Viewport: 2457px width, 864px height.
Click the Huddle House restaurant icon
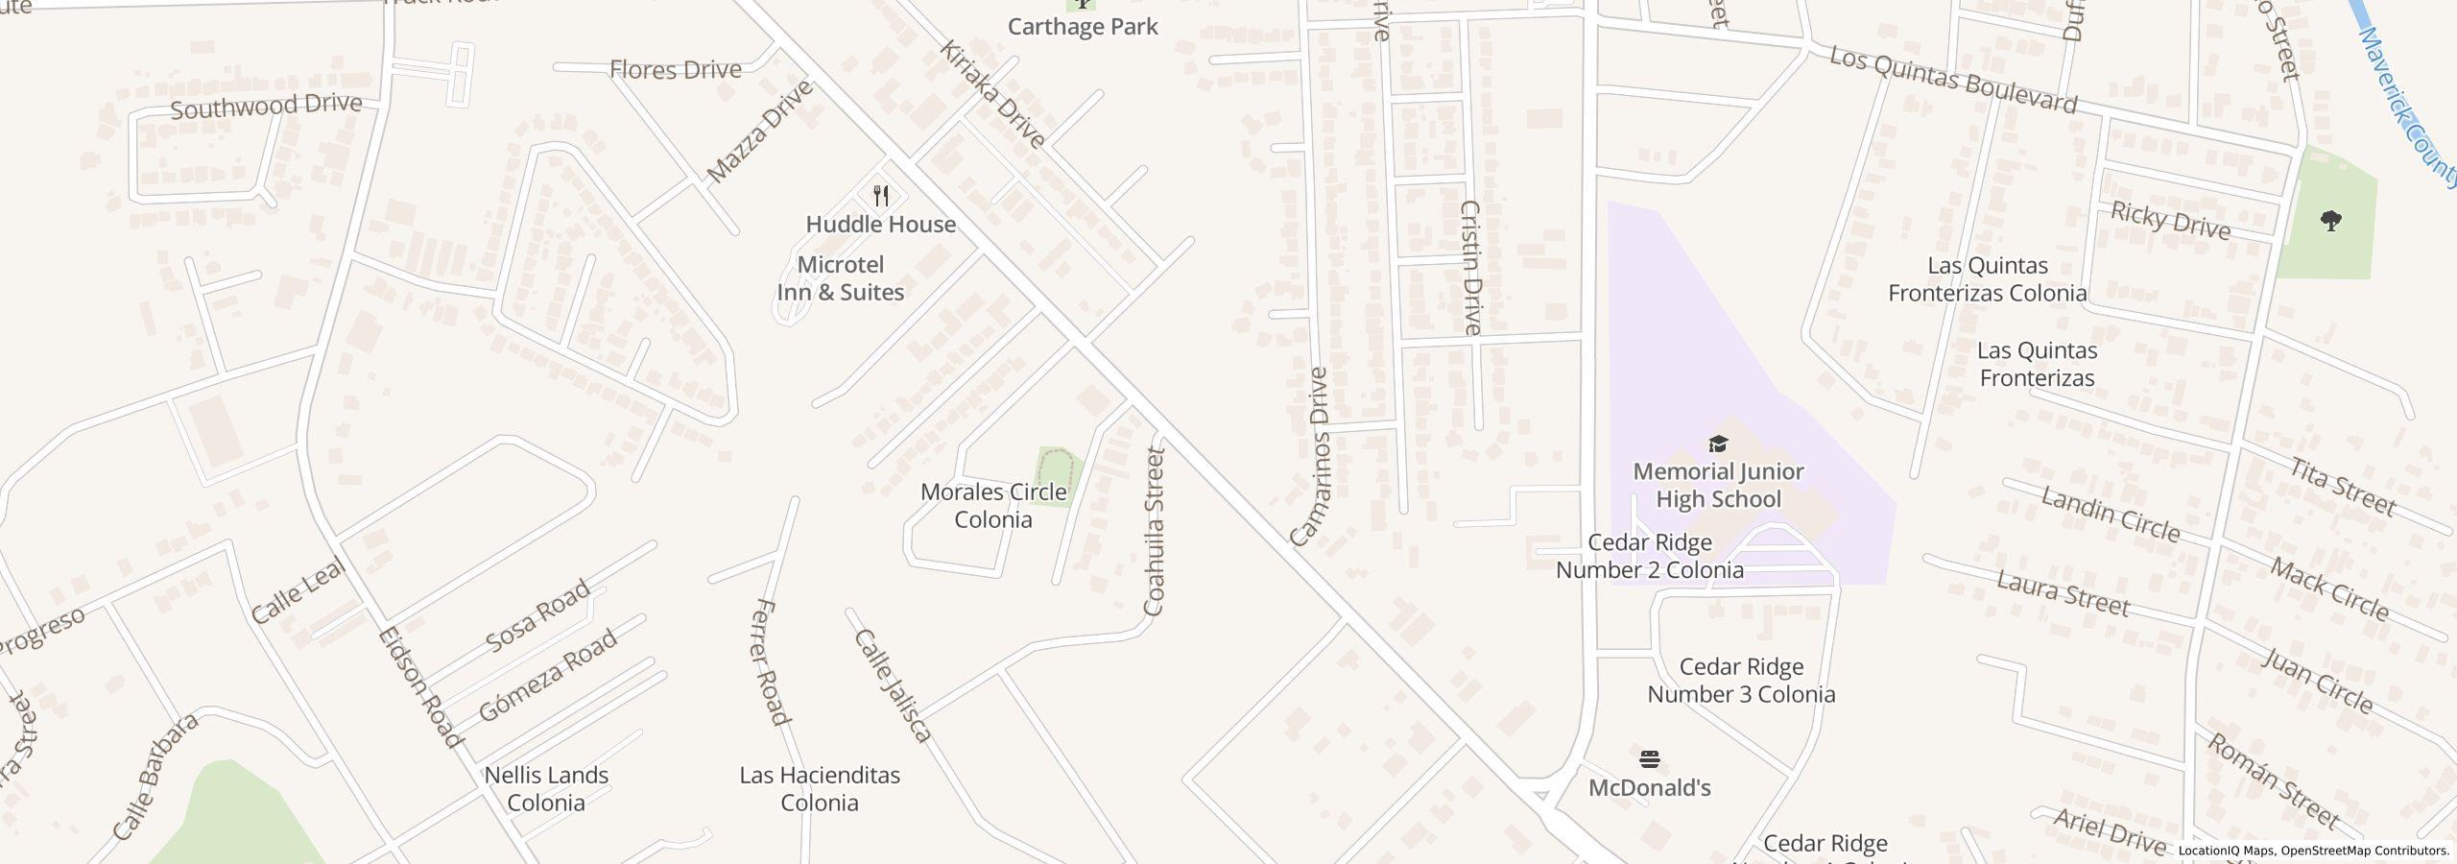tap(881, 197)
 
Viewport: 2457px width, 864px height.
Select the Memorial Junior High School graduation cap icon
tap(1718, 444)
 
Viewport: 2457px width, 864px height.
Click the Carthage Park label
tap(1083, 26)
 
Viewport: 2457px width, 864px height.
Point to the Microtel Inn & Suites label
tap(841, 278)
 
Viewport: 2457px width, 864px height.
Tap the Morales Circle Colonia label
tap(993, 506)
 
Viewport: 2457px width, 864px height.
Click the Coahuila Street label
tap(1155, 532)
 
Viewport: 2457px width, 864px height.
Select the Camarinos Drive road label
tap(1307, 458)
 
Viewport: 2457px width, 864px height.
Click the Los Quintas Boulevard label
tap(1952, 80)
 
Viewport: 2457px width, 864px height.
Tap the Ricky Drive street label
tap(2170, 221)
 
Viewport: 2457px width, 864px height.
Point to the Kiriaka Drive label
tap(991, 94)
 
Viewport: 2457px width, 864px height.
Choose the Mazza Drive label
tap(760, 132)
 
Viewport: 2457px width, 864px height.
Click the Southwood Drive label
tap(267, 106)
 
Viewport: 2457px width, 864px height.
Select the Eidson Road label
tap(420, 686)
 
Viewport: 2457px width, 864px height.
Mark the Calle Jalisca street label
tap(893, 685)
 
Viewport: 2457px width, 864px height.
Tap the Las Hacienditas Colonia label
tap(820, 788)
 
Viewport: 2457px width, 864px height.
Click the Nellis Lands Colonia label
tap(546, 788)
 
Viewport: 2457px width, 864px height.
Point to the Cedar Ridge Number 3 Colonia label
tap(1741, 680)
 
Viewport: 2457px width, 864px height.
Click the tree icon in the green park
tap(2330, 222)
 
